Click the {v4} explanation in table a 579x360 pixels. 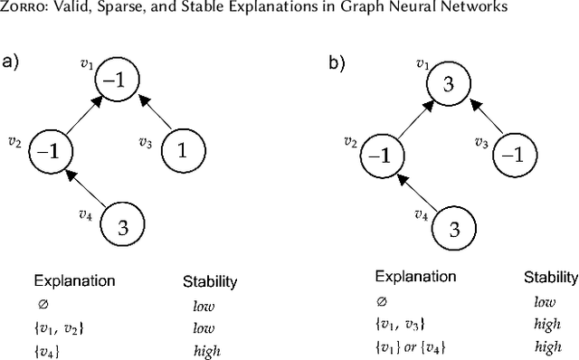click(46, 351)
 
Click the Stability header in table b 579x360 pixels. click(550, 277)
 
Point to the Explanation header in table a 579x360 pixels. click(74, 281)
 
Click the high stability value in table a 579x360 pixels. click(206, 351)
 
